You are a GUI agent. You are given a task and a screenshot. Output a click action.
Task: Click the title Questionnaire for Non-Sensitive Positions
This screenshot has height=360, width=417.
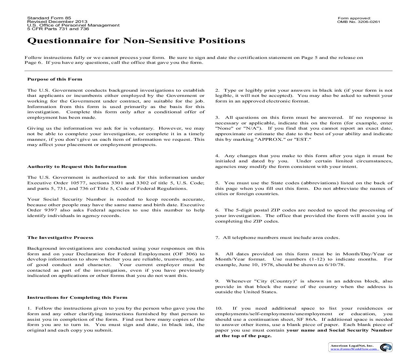tap(136, 41)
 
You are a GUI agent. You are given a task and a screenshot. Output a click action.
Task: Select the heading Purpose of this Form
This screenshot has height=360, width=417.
tap(55, 79)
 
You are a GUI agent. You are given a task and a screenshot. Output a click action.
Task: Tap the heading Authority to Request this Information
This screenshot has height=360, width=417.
tap(77, 167)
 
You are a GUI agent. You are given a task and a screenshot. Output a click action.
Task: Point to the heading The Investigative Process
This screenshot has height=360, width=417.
tap(60, 238)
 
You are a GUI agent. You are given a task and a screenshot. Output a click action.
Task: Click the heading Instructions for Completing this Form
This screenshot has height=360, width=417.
tap(77, 297)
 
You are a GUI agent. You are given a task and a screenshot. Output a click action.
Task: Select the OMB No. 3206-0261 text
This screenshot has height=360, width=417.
tap(358, 22)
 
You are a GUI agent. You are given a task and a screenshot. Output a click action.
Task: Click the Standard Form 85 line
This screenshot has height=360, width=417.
tap(49, 18)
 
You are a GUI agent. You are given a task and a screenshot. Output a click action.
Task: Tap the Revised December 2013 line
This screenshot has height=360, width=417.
tap(57, 22)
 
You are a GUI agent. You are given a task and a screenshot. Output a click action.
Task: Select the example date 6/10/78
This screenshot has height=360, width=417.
tap(338, 265)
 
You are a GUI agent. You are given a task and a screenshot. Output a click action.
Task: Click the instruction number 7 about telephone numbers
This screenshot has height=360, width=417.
tap(217, 238)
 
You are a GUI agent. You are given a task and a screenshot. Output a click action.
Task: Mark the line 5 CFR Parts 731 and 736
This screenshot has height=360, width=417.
tap(58, 29)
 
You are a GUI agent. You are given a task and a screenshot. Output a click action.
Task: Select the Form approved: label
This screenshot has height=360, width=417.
tap(354, 18)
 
